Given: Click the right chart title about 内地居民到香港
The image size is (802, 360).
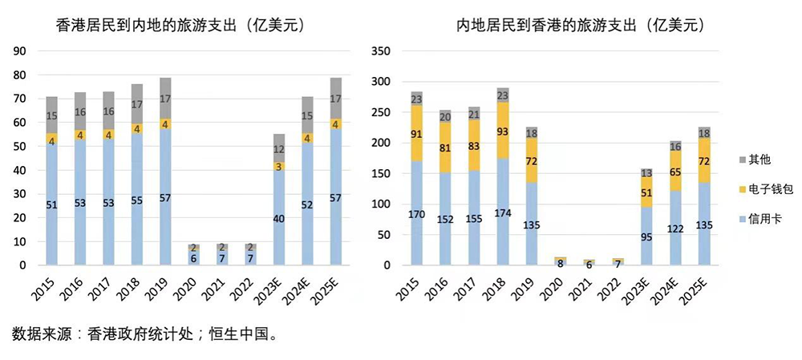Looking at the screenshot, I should (x=580, y=25).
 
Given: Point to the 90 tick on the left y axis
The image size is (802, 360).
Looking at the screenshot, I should (x=21, y=51).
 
